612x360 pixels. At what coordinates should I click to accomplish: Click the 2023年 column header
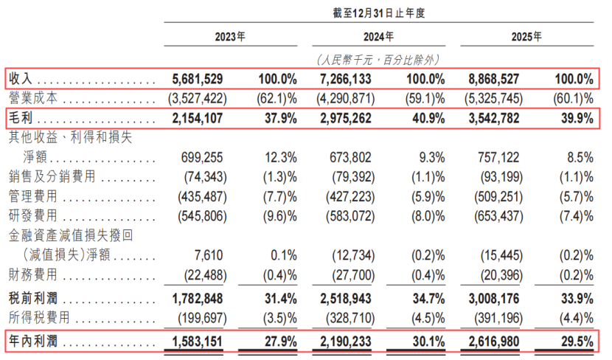click(230, 37)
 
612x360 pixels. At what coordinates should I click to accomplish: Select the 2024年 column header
click(378, 37)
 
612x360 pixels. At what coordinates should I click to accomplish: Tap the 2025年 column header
click(526, 37)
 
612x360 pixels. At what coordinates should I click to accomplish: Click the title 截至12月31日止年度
click(378, 13)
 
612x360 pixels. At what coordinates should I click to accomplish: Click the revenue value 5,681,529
click(198, 79)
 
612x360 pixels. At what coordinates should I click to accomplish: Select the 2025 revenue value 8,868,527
click(494, 79)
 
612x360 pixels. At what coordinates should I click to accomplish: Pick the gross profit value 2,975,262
click(346, 118)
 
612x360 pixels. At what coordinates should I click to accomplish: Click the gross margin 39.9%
click(577, 118)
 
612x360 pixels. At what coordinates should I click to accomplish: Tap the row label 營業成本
click(33, 98)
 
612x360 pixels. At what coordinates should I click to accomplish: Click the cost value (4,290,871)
click(345, 98)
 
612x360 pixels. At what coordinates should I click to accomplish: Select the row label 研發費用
click(33, 215)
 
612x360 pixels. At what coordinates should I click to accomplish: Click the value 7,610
click(209, 255)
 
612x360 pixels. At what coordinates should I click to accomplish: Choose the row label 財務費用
click(33, 274)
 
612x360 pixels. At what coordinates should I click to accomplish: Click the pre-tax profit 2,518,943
click(346, 299)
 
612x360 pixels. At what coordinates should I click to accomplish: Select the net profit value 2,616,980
click(494, 342)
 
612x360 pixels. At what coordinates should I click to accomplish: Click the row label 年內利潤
click(33, 342)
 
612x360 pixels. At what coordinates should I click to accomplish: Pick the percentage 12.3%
click(281, 158)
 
